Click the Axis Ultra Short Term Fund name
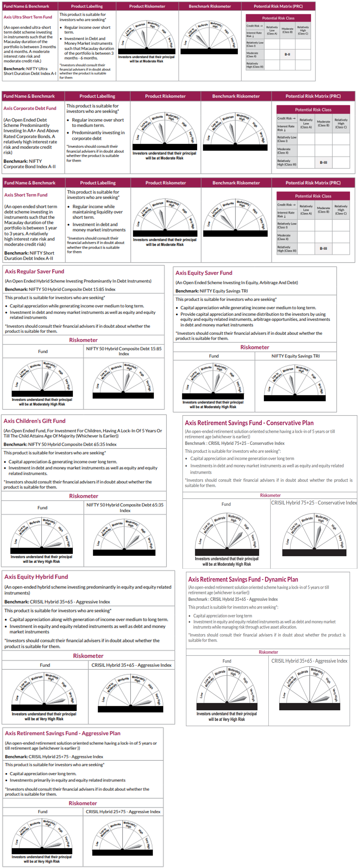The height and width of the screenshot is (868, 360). click(x=28, y=17)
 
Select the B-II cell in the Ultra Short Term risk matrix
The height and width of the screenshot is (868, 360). click(x=287, y=54)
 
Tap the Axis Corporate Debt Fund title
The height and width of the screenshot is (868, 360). click(x=30, y=108)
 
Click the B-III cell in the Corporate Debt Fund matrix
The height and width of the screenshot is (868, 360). click(x=323, y=162)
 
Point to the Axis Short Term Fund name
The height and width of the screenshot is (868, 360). click(x=26, y=195)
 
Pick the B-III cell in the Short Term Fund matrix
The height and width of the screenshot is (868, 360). click(x=323, y=249)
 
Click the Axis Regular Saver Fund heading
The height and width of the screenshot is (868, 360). click(x=34, y=271)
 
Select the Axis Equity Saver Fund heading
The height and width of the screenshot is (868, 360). click(x=203, y=273)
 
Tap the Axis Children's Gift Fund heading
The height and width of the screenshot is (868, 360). click(x=34, y=421)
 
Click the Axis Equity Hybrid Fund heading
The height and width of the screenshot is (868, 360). click(x=36, y=577)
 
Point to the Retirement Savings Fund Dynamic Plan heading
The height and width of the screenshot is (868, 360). click(x=243, y=580)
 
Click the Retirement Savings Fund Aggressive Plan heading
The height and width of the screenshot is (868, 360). click(x=63, y=733)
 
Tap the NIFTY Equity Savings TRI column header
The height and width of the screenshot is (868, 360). click(x=295, y=356)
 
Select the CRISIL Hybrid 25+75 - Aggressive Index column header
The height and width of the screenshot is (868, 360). click(x=123, y=812)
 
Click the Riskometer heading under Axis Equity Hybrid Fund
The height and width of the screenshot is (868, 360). click(x=88, y=656)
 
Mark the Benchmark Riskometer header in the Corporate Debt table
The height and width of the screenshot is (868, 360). click(x=236, y=96)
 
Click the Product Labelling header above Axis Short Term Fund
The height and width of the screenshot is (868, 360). click(x=98, y=183)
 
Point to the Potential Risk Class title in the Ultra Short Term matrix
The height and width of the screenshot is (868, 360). click(x=278, y=18)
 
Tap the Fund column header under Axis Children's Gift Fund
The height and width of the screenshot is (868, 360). click(x=43, y=508)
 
